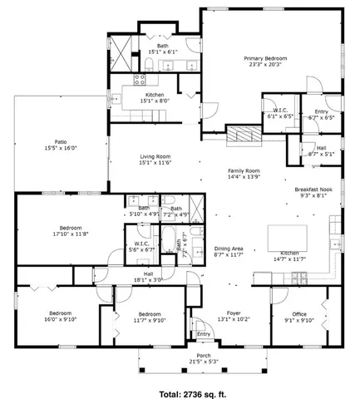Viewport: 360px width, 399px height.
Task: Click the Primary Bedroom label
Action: click(x=264, y=62)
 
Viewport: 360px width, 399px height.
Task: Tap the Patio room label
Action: click(x=61, y=145)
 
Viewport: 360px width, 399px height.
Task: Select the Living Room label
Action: click(x=155, y=160)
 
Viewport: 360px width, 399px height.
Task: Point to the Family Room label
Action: click(x=244, y=174)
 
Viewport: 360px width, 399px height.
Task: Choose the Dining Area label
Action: click(x=228, y=252)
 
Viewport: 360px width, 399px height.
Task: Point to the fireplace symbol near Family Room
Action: click(x=241, y=133)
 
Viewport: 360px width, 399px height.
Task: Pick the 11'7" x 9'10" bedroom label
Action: click(x=144, y=317)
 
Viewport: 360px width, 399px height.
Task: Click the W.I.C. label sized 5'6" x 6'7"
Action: click(x=145, y=247)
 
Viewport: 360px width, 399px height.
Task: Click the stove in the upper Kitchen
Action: click(x=140, y=80)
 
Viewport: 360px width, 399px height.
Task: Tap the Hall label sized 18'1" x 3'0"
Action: click(x=147, y=277)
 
